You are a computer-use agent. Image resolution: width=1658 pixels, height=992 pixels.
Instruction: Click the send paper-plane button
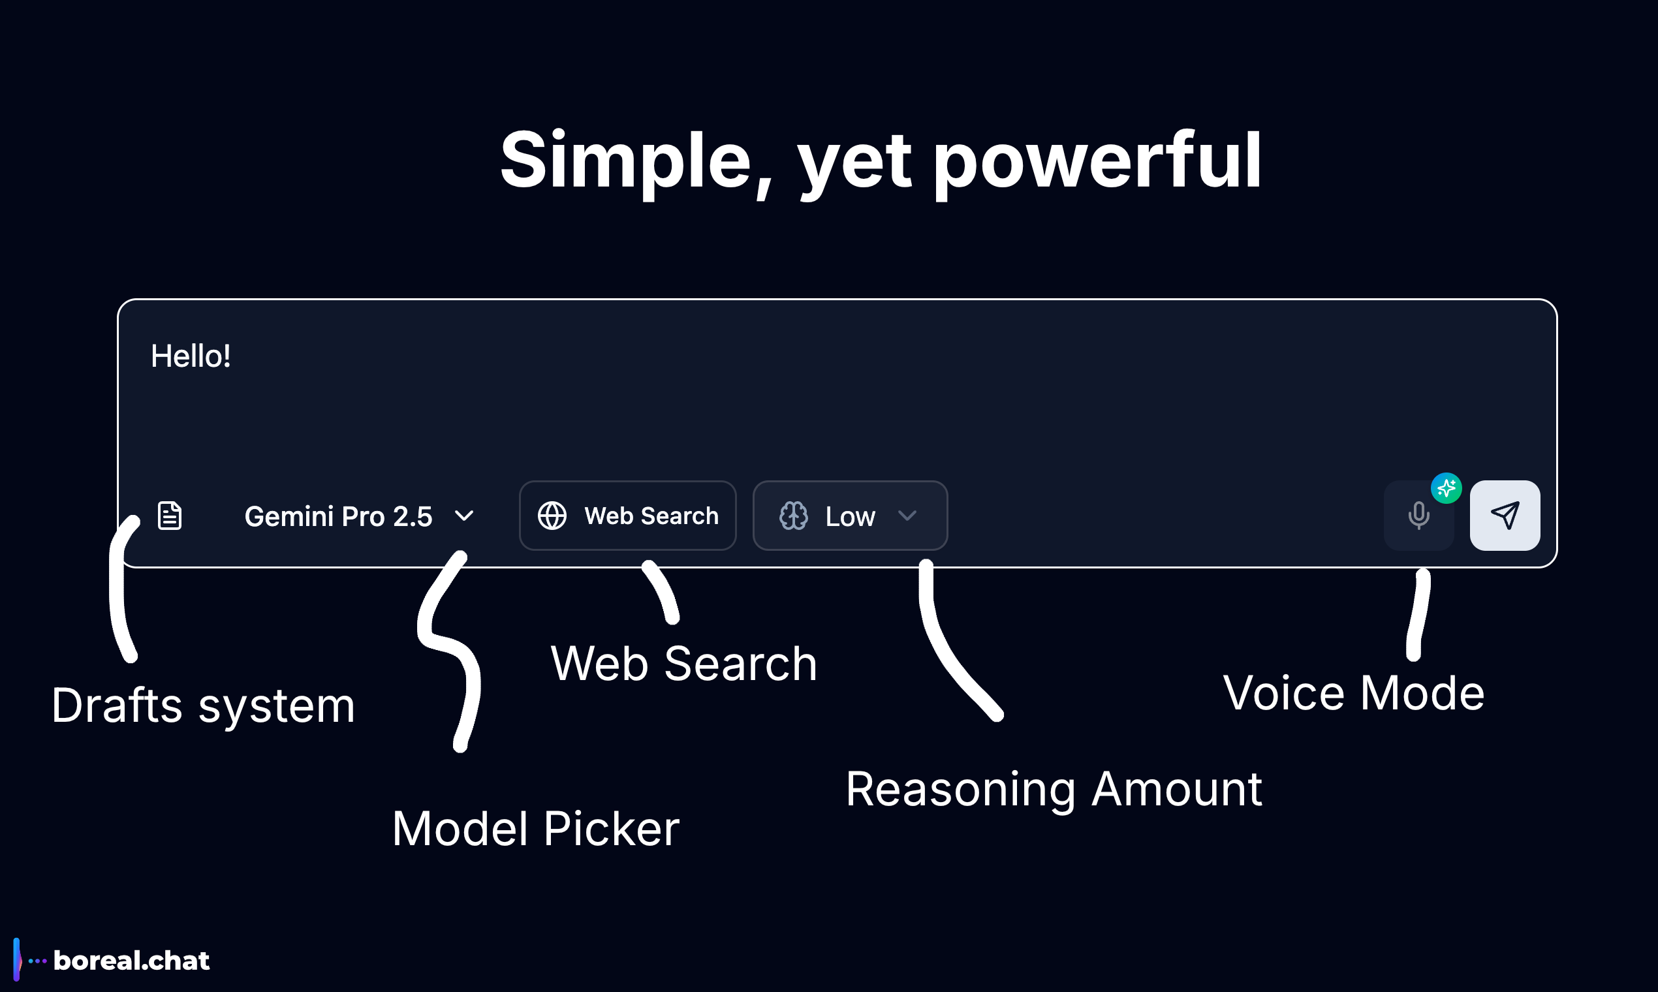coord(1504,516)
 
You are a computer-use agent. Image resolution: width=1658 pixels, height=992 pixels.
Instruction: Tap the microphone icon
coord(1418,516)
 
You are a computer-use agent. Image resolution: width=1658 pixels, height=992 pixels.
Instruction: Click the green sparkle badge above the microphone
coord(1446,488)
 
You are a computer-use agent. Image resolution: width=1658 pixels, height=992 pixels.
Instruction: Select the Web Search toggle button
coord(627,516)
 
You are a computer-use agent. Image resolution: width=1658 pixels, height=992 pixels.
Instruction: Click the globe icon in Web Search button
coord(552,516)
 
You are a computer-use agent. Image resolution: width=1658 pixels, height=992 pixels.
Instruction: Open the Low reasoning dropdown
coord(850,516)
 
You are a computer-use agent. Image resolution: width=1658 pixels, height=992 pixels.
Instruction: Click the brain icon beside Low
coord(794,516)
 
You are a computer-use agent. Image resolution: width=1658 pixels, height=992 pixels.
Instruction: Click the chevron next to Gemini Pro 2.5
coord(464,516)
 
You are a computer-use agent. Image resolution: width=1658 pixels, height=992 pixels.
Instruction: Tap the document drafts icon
coord(170,516)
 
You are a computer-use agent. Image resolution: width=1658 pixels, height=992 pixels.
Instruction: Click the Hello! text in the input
coord(191,356)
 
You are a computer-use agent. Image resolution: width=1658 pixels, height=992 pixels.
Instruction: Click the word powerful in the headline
coord(1097,161)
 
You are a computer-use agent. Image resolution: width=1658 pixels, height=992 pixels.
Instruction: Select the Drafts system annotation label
coord(202,706)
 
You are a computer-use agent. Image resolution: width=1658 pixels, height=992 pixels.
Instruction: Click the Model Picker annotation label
coord(535,829)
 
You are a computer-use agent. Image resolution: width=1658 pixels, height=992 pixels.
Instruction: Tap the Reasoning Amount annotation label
coord(1054,790)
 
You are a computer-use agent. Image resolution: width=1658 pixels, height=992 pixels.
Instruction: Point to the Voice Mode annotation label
coord(1353,693)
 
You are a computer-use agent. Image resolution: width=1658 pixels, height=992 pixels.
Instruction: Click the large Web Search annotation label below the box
coord(683,664)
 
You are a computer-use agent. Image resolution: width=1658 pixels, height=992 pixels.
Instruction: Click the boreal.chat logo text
coord(131,961)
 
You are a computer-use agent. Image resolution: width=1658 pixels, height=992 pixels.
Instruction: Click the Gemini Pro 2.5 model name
coord(338,516)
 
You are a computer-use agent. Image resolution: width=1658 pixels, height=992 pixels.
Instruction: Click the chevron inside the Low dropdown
coord(907,516)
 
